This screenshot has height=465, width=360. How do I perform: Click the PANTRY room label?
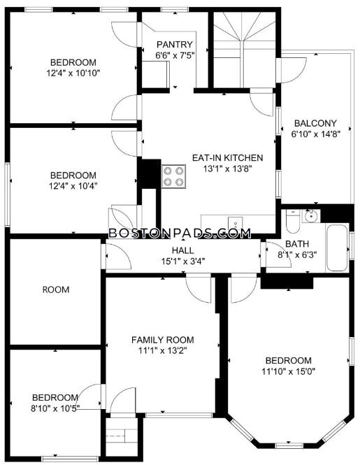pos(175,45)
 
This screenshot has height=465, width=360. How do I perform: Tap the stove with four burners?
pos(173,176)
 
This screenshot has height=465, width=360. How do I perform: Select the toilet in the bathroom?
pos(294,222)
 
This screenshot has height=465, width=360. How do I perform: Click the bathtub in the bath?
pos(337,248)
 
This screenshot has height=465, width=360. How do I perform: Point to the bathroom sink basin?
pos(311,216)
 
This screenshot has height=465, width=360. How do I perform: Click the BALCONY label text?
pos(315,123)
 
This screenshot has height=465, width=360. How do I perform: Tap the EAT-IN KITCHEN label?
pos(227,157)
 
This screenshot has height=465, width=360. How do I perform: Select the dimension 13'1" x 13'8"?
pos(227,169)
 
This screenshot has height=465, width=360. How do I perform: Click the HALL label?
pos(183,250)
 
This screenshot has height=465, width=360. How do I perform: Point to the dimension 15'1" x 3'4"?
pos(183,262)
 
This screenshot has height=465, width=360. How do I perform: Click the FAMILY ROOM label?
pos(162,340)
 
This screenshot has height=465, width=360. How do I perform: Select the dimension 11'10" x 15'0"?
pos(288,371)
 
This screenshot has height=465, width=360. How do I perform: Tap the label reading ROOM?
pos(56,289)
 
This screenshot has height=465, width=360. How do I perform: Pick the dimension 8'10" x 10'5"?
pos(55,408)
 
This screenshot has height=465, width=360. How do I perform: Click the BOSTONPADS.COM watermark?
pos(180,233)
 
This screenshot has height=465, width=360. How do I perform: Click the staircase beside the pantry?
pos(245,49)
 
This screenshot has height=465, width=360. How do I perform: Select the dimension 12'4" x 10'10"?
pos(73,73)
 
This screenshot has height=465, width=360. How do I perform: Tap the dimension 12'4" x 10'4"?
pos(73,186)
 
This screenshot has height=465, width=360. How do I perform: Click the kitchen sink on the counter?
pos(236,223)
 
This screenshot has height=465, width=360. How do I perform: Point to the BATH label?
pos(297,244)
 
